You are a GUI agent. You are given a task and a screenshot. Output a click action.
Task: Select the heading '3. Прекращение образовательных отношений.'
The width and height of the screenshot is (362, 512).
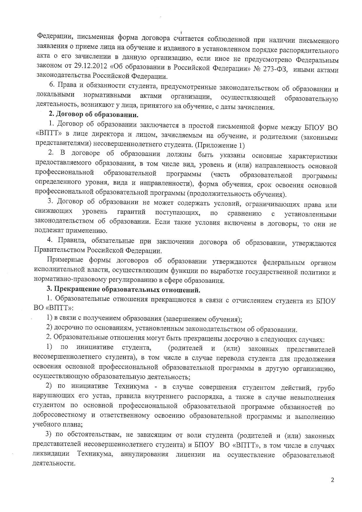123,290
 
